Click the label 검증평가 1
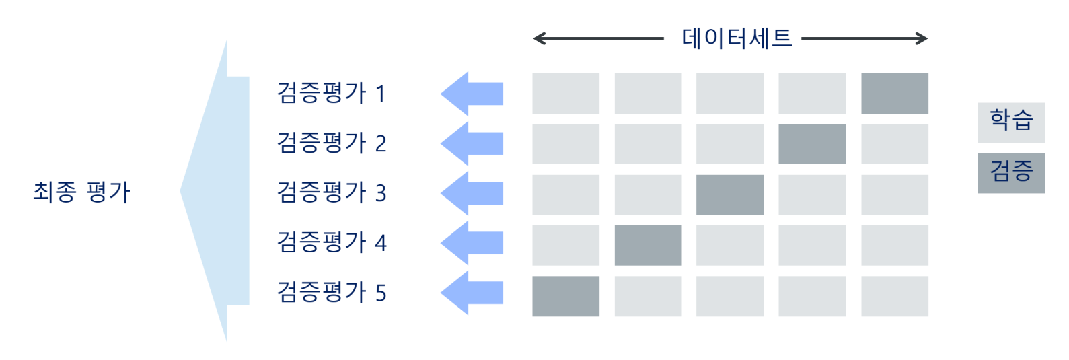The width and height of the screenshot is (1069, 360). (x=332, y=94)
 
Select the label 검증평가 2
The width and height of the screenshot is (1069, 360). (x=332, y=143)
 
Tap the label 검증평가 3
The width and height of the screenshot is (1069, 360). (x=332, y=193)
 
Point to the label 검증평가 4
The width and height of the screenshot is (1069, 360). (x=332, y=243)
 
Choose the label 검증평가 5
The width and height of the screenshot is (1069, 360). (x=332, y=293)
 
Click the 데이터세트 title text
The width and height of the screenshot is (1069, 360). (x=737, y=38)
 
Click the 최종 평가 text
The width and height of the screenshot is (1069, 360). (x=81, y=192)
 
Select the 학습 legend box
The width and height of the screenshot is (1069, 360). (x=1010, y=122)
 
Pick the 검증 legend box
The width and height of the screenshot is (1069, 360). (x=1010, y=173)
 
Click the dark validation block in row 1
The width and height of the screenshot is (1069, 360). (x=894, y=94)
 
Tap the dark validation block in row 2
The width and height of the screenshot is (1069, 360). (x=811, y=144)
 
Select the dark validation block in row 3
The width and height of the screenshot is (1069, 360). (x=729, y=194)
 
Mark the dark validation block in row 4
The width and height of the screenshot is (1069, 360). (x=648, y=245)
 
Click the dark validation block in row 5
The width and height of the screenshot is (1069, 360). (x=565, y=296)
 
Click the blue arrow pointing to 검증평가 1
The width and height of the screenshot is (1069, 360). (x=472, y=94)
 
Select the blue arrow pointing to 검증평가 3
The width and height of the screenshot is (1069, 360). (x=472, y=193)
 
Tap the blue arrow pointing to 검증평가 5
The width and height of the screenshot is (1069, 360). (x=472, y=293)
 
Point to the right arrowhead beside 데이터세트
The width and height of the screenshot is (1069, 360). (x=922, y=39)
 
